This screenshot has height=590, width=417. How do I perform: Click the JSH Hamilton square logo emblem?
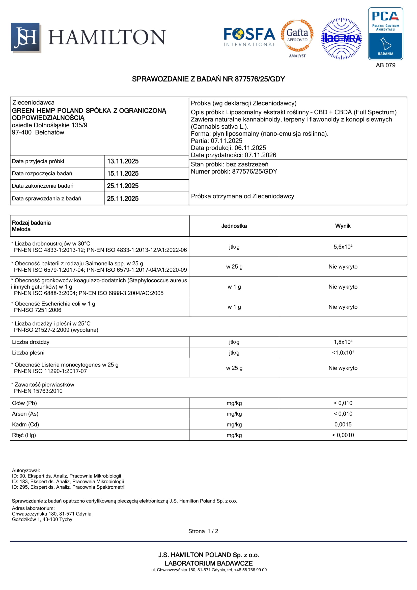[x=26, y=38]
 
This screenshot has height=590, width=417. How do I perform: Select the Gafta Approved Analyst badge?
[x=297, y=38]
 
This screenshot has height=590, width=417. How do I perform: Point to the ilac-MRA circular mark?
[x=341, y=39]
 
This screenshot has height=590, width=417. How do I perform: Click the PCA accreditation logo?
[x=385, y=34]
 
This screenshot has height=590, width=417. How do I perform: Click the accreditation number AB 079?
[x=385, y=65]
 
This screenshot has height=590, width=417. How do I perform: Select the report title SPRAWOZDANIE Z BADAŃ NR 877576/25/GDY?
[x=208, y=79]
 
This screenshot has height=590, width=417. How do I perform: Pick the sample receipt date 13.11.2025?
[x=123, y=161]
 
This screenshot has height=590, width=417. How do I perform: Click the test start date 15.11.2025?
[x=123, y=174]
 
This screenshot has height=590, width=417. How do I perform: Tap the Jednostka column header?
[x=234, y=226]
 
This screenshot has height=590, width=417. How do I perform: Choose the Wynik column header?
[x=343, y=226]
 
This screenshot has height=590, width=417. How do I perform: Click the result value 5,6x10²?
[x=343, y=247]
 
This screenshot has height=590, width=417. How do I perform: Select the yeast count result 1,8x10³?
[x=343, y=342]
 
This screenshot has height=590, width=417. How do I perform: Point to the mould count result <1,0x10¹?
[x=343, y=353]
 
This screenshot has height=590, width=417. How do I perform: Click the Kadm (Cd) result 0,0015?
[x=343, y=425]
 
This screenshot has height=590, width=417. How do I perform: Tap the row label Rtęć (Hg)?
[x=24, y=435]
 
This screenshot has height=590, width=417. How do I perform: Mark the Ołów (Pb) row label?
[x=24, y=403]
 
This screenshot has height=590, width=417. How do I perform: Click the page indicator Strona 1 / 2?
[x=203, y=531]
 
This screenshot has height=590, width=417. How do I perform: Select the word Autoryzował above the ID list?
[x=26, y=470]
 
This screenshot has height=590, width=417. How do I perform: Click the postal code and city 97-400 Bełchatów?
[x=38, y=133]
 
